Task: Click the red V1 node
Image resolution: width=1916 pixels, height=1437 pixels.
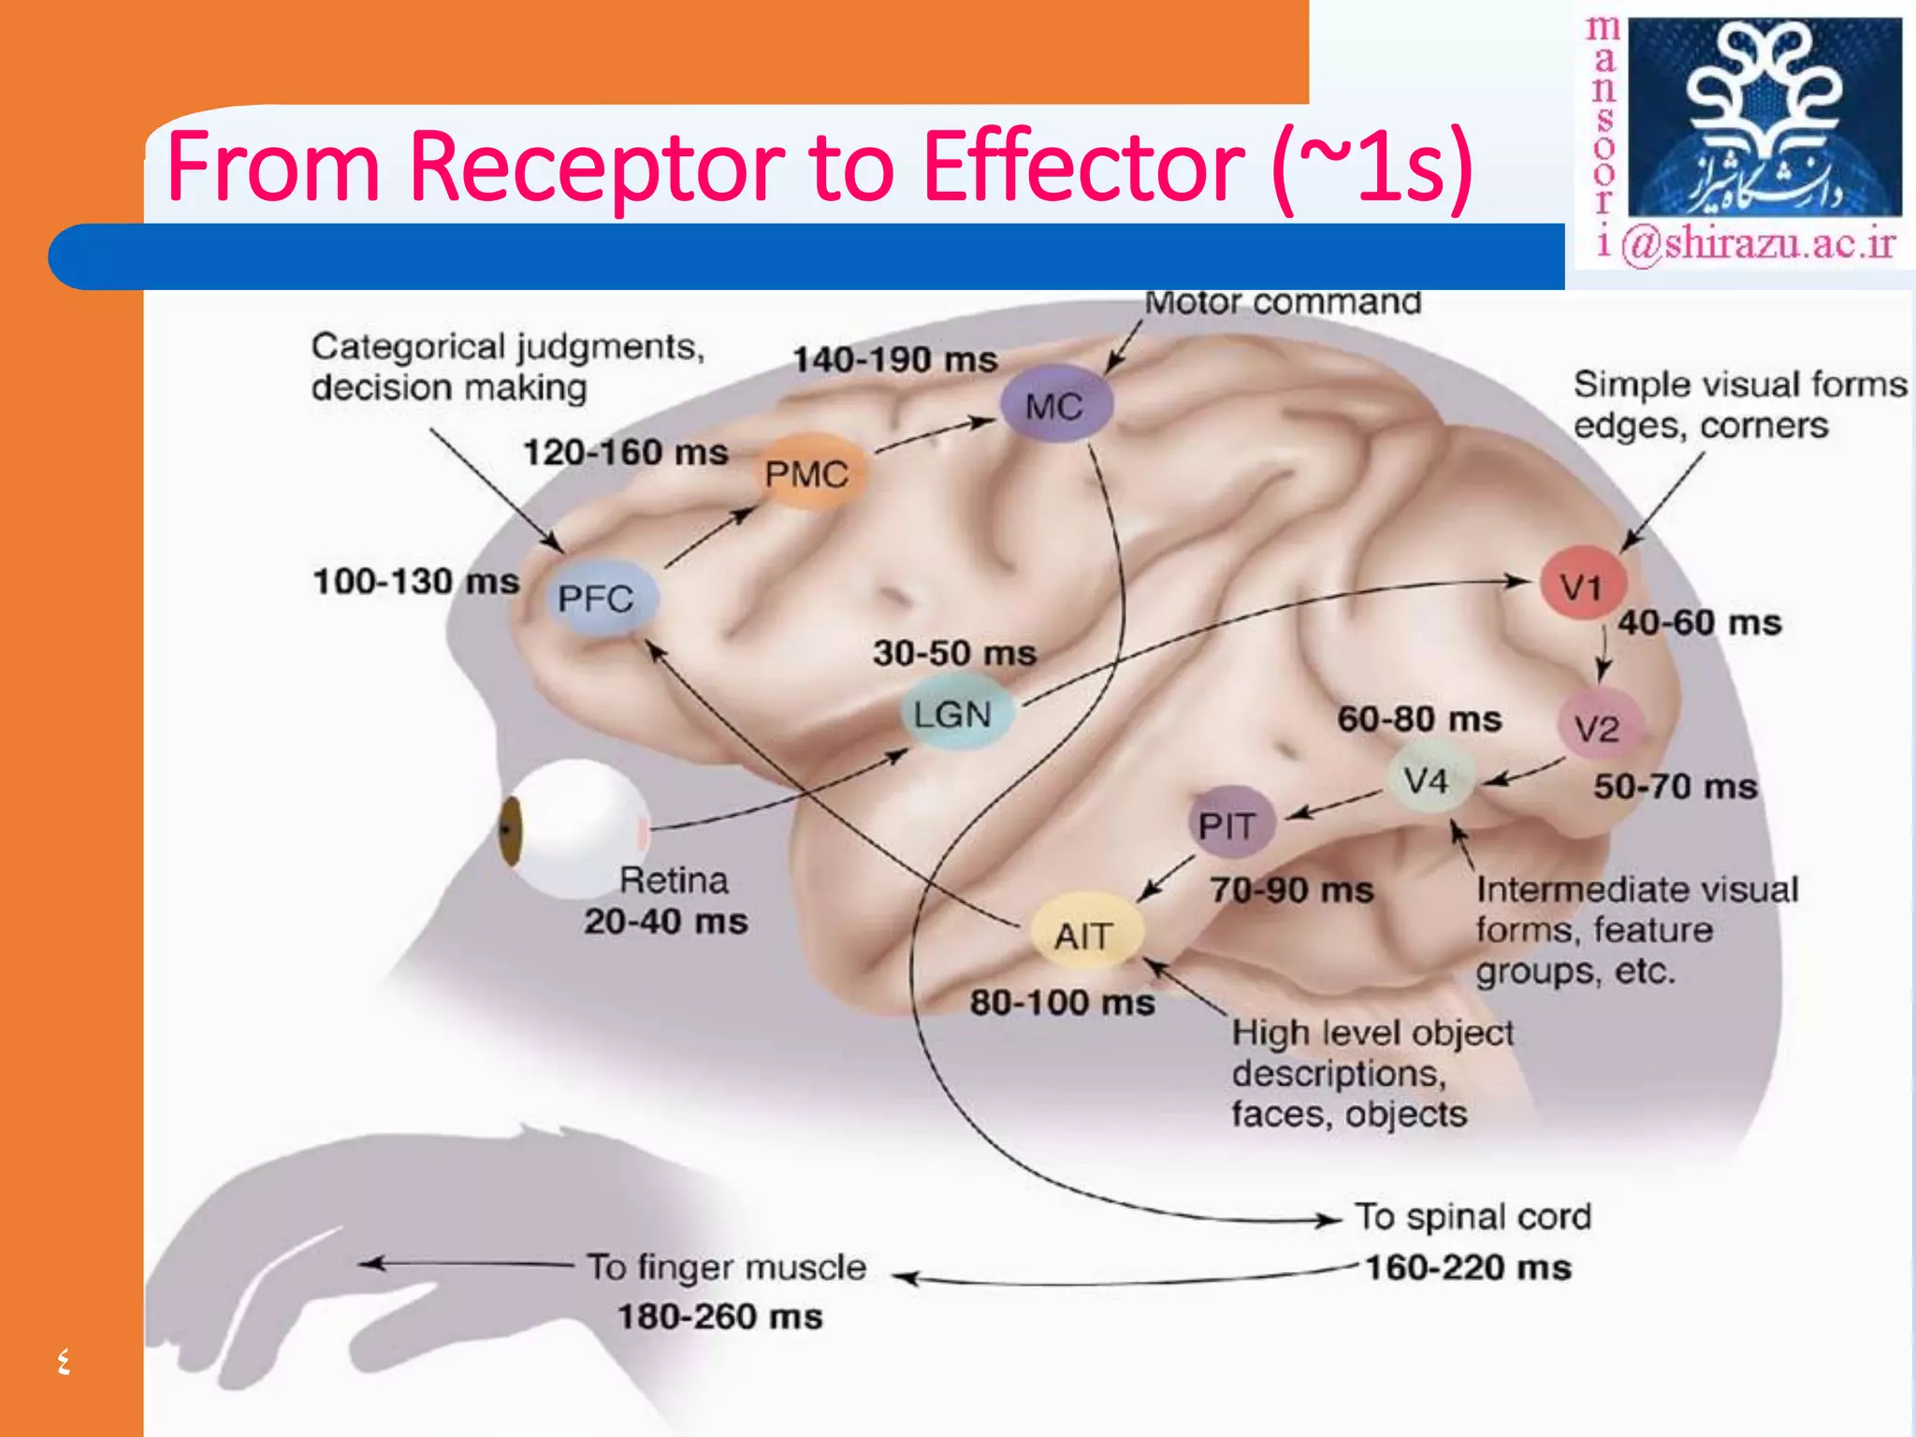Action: tap(1582, 586)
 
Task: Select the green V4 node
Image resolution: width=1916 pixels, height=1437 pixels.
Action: tap(1426, 779)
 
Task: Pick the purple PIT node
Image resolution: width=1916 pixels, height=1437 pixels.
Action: tap(1227, 824)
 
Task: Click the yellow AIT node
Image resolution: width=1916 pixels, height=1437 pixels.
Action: tap(1084, 935)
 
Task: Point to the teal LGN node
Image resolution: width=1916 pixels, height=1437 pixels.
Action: tap(953, 714)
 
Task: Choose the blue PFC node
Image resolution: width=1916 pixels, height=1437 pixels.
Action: tap(597, 598)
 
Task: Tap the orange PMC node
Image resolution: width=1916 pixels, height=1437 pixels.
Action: tap(807, 473)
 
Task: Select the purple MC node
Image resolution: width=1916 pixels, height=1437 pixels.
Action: tap(1054, 405)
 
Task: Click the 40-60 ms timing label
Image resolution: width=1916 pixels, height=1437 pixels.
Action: tap(1700, 623)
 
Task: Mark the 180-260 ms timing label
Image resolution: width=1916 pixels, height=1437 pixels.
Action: tap(719, 1316)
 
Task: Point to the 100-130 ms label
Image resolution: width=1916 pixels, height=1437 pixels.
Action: tap(415, 581)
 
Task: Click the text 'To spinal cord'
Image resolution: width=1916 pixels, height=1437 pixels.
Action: tap(1473, 1216)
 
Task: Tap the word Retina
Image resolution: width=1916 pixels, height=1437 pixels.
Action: tap(674, 880)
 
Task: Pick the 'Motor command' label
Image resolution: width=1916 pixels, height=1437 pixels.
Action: tap(1283, 302)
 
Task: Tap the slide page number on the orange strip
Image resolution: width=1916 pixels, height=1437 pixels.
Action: tap(63, 1360)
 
